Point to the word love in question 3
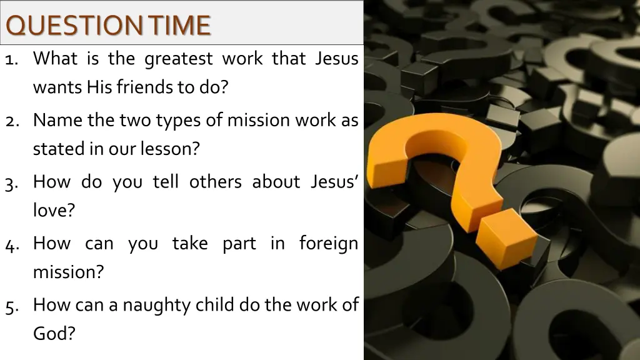click(54, 210)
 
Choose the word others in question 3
click(215, 181)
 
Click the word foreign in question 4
click(328, 244)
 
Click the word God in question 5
click(54, 333)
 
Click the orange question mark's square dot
click(509, 239)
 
